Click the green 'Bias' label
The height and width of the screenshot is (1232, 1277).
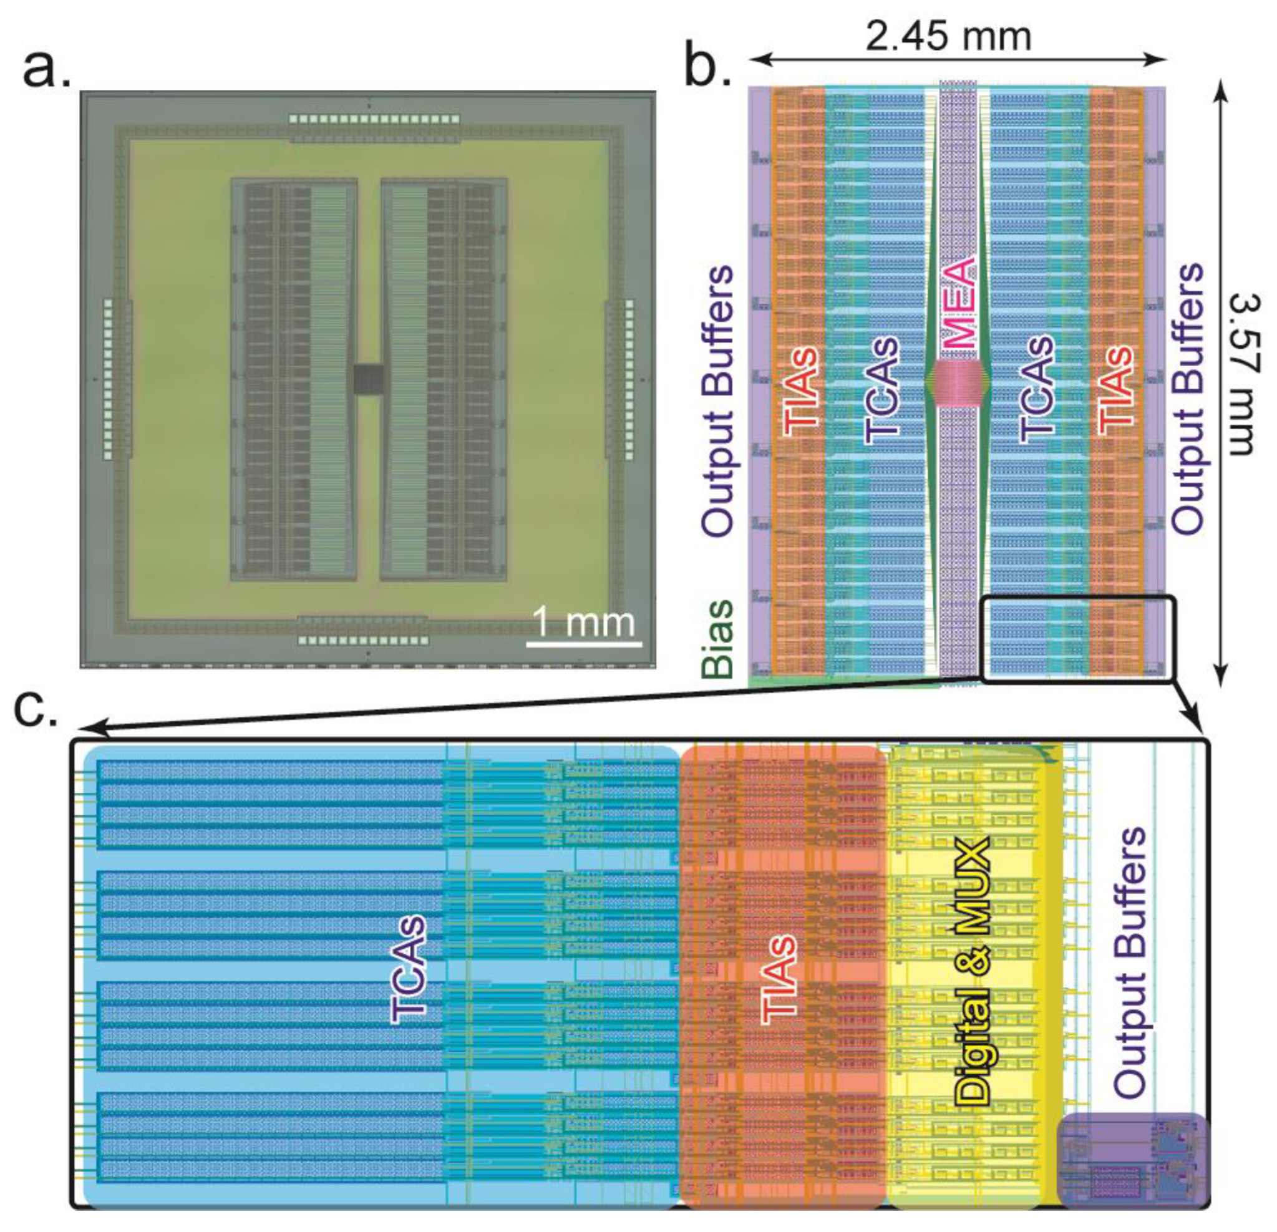click(719, 639)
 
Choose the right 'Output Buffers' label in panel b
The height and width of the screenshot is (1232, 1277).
click(1187, 399)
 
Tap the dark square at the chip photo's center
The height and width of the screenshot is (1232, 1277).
click(368, 379)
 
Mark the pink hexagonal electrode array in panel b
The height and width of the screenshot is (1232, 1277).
click(958, 384)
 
